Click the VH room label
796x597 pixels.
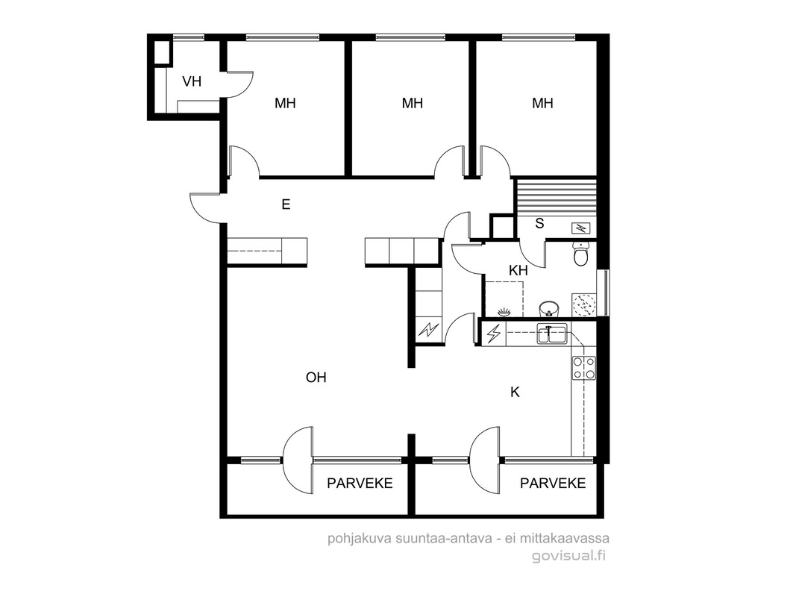pyautogui.click(x=192, y=81)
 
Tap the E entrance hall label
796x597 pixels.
pyautogui.click(x=286, y=204)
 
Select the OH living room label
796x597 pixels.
pyautogui.click(x=316, y=377)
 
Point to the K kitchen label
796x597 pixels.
pyautogui.click(x=515, y=392)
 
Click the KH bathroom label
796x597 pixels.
pyautogui.click(x=518, y=271)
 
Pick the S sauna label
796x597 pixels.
pyautogui.click(x=539, y=223)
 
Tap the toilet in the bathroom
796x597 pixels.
pyautogui.click(x=580, y=253)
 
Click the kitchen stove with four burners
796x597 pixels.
pyautogui.click(x=584, y=368)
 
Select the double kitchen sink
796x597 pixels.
pyautogui.click(x=552, y=334)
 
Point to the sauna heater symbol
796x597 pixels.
pyautogui.click(x=580, y=228)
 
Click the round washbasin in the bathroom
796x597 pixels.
pyautogui.click(x=549, y=309)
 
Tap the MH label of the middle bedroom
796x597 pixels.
pyautogui.click(x=413, y=104)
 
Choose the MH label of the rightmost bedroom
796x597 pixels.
pyautogui.click(x=542, y=104)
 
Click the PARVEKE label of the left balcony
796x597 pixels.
pyautogui.click(x=360, y=484)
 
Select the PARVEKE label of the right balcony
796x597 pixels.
pyautogui.click(x=553, y=484)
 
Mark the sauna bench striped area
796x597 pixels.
pyautogui.click(x=555, y=197)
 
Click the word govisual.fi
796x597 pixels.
pyautogui.click(x=569, y=556)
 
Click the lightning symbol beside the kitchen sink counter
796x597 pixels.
pyautogui.click(x=493, y=334)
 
